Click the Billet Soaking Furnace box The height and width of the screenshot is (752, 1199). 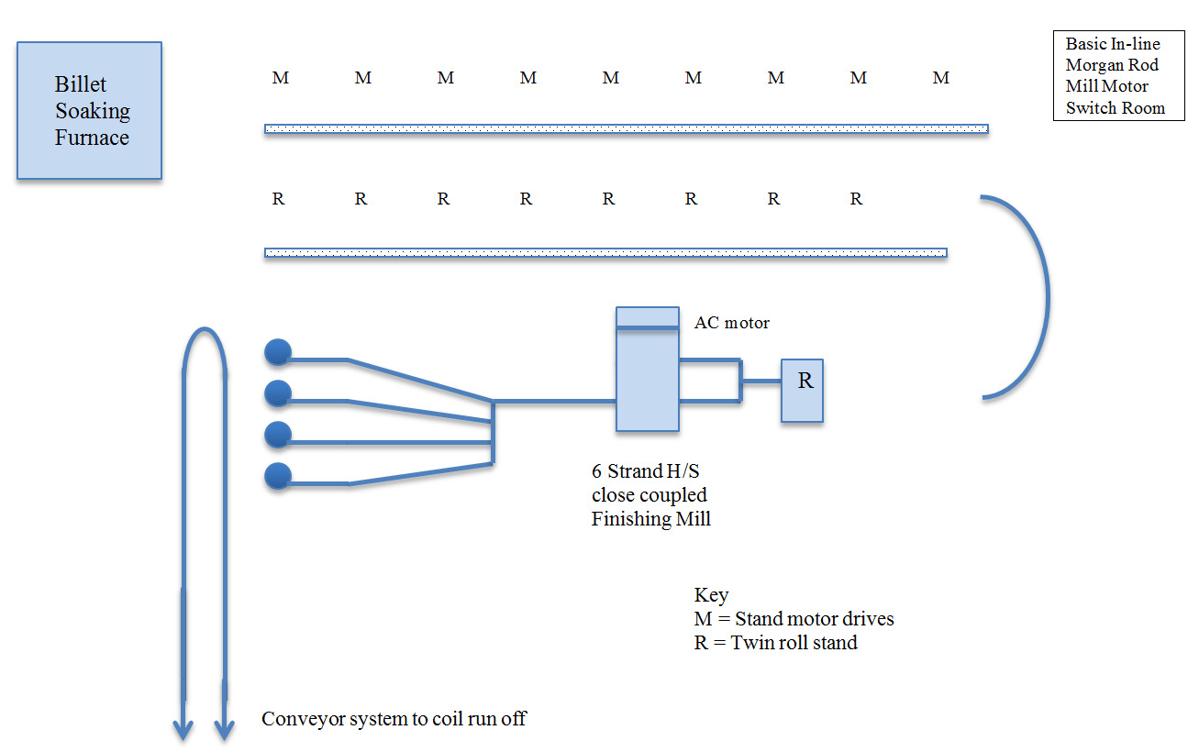point(90,110)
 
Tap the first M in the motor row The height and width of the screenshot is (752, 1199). point(281,79)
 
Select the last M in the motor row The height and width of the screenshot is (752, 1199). point(941,79)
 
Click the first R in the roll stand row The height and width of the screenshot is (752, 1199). point(279,199)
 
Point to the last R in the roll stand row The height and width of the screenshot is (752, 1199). point(856,199)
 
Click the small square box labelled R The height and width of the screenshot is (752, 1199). point(802,391)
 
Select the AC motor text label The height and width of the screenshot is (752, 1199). point(731,323)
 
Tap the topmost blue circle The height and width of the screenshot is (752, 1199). point(278,352)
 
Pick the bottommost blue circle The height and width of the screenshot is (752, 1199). point(278,476)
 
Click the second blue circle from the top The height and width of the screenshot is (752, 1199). point(278,394)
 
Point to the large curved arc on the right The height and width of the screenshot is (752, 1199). point(1044,296)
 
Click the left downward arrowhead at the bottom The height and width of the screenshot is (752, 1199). point(183,729)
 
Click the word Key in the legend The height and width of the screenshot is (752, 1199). point(711,595)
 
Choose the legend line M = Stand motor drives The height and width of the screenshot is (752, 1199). point(794,619)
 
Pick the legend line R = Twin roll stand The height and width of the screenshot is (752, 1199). point(775,643)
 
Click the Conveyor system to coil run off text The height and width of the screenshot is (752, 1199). point(394,719)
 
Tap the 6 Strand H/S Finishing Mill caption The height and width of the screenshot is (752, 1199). point(650,495)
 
